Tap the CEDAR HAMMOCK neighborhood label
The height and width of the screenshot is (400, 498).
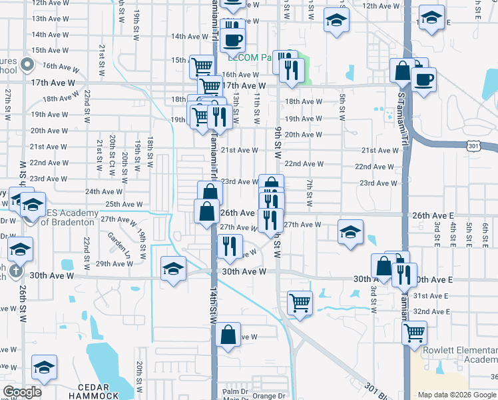click(98, 391)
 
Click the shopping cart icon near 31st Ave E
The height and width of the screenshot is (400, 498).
click(300, 303)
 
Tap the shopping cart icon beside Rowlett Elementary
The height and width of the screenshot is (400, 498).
click(415, 331)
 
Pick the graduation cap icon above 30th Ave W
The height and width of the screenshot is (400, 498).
click(174, 268)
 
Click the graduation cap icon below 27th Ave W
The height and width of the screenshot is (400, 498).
click(350, 232)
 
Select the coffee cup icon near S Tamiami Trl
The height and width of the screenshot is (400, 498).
click(423, 81)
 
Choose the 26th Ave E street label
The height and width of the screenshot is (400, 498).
click(432, 215)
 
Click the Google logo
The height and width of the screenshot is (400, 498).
click(23, 391)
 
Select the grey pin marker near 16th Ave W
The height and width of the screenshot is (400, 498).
click(27, 65)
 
